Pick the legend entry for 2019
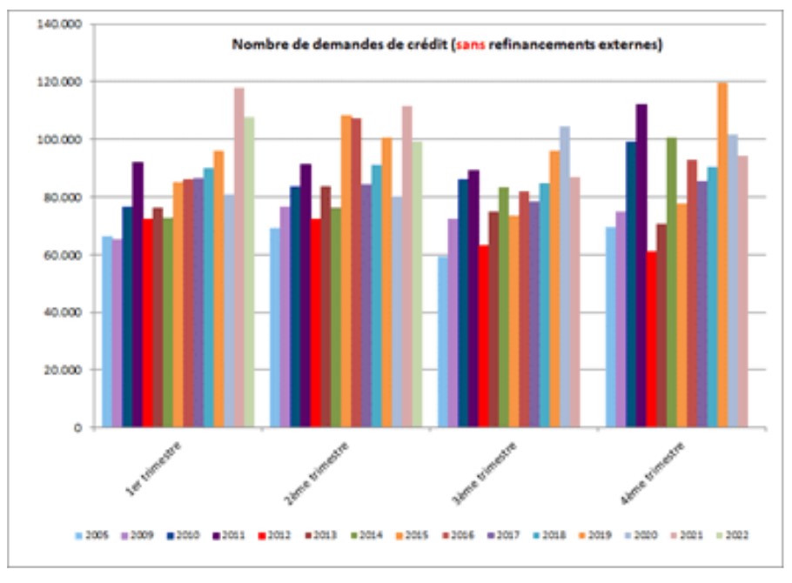(x=603, y=535)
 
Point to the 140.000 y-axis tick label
(x=59, y=24)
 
